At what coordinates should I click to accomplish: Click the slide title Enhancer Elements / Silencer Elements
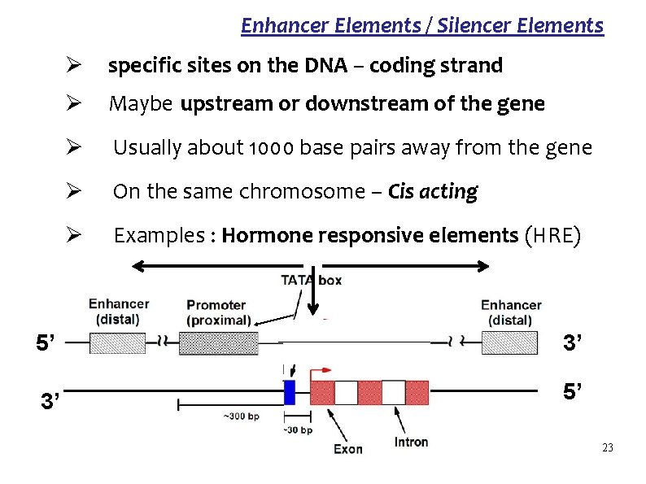(x=422, y=26)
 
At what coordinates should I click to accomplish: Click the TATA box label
(x=311, y=280)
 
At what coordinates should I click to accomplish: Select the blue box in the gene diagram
(x=289, y=392)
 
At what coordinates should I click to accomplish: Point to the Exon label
(x=348, y=448)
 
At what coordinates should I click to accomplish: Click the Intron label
(x=410, y=443)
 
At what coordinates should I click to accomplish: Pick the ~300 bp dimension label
(x=241, y=416)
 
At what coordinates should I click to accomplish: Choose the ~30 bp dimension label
(x=296, y=429)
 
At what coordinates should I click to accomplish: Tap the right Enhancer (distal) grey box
(x=509, y=342)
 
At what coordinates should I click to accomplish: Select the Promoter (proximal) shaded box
(x=218, y=342)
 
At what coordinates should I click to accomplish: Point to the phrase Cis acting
(x=433, y=191)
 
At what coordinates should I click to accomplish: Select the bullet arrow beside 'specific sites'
(x=72, y=66)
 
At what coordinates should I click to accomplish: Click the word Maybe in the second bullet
(x=141, y=104)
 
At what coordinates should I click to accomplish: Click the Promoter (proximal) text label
(x=218, y=312)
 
